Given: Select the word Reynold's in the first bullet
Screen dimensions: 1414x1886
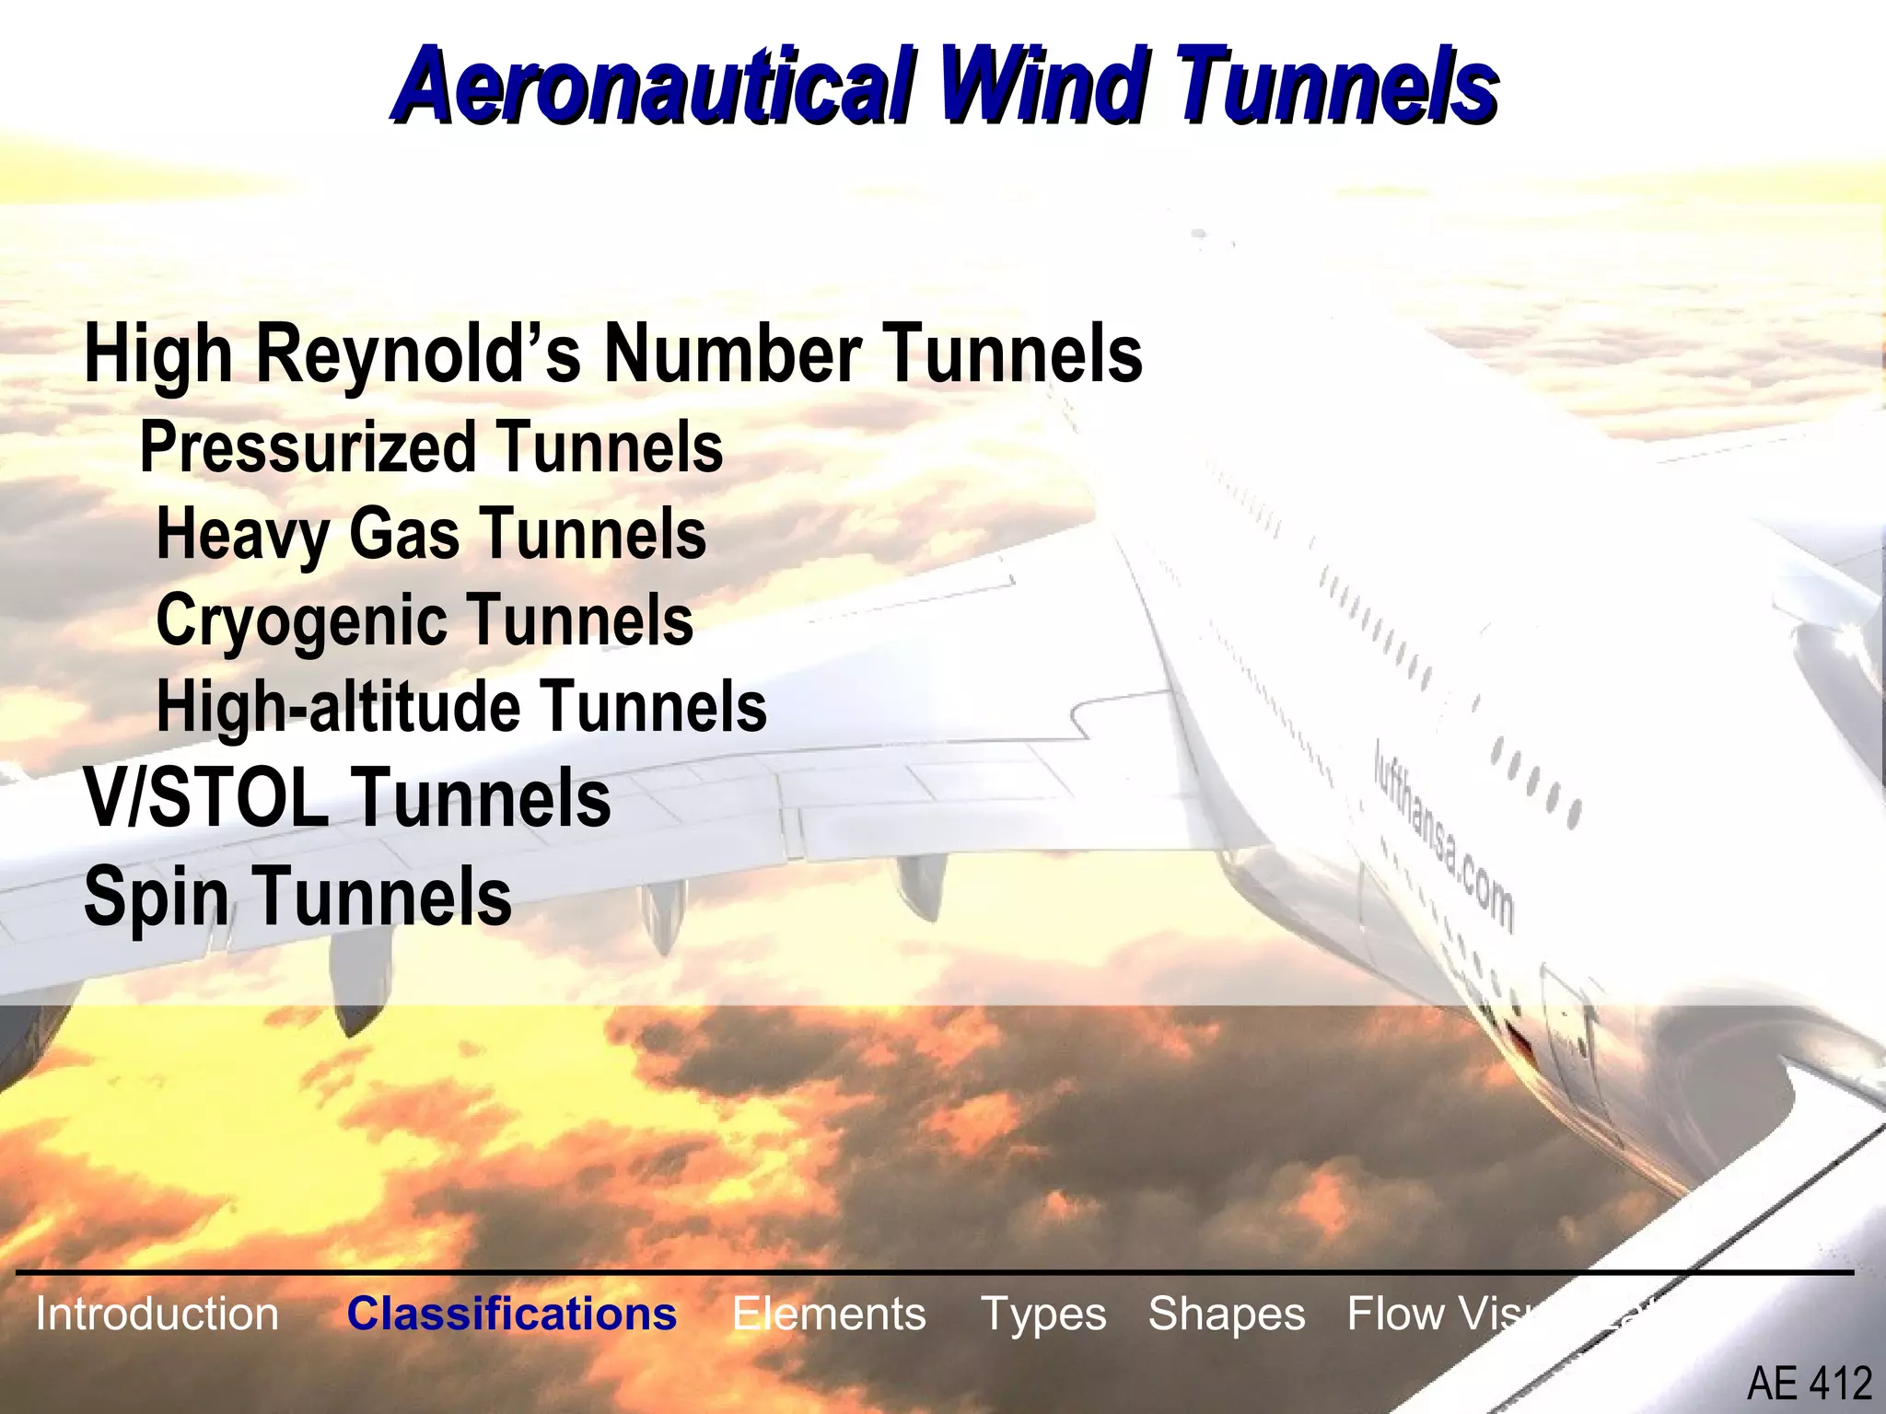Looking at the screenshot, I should (x=419, y=356).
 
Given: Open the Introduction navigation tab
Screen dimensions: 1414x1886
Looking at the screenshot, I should (x=157, y=1314).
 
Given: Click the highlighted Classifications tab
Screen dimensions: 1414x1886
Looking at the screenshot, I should (x=512, y=1314).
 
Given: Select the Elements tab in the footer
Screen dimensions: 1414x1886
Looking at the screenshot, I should (x=829, y=1314).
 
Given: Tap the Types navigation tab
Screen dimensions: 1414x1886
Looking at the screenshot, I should (x=1043, y=1314).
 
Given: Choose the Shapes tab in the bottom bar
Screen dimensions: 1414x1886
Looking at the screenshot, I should (x=1226, y=1314).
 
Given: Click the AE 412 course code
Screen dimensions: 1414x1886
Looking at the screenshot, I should (x=1809, y=1384).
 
